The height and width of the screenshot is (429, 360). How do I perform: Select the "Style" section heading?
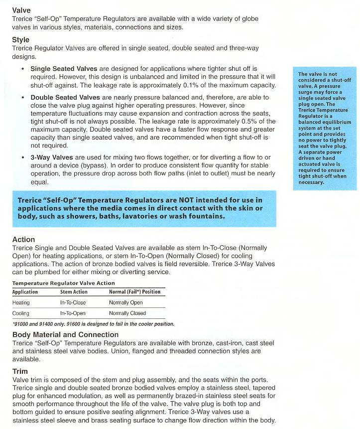coord(21,39)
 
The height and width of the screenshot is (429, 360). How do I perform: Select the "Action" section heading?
coord(23,240)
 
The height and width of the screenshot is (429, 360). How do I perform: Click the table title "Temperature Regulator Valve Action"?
coord(63,283)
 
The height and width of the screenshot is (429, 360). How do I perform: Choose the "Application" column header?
coord(25,292)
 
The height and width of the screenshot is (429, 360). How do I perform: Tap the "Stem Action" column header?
coord(74,292)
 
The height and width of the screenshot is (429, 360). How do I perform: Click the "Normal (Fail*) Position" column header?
coord(134,292)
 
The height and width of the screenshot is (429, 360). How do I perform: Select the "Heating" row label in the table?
coord(21,302)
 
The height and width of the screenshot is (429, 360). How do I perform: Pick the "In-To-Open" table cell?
coord(73,313)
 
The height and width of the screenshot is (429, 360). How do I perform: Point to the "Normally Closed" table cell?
coord(127,313)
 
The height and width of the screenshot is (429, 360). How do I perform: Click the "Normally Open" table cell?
coord(126,302)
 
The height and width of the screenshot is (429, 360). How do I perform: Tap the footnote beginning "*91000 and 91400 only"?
coord(93,324)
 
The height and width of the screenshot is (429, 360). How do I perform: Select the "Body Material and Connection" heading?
coord(65,334)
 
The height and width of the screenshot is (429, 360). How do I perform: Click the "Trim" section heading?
coord(20,372)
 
